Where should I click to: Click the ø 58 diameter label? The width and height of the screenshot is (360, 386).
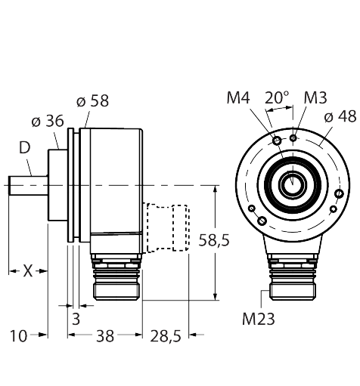click(x=92, y=100)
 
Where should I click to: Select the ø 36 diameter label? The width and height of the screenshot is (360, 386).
click(x=48, y=121)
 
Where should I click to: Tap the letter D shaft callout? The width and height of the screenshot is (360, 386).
click(x=25, y=148)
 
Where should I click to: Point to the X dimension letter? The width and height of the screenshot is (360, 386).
click(x=28, y=271)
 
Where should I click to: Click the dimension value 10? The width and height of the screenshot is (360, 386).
click(x=18, y=336)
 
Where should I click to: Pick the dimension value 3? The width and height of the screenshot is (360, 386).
click(x=76, y=319)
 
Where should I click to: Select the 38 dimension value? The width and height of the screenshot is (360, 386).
click(x=105, y=336)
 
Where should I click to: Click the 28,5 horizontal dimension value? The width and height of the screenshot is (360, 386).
click(x=166, y=336)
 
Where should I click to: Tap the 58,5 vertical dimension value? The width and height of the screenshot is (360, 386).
click(x=214, y=240)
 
